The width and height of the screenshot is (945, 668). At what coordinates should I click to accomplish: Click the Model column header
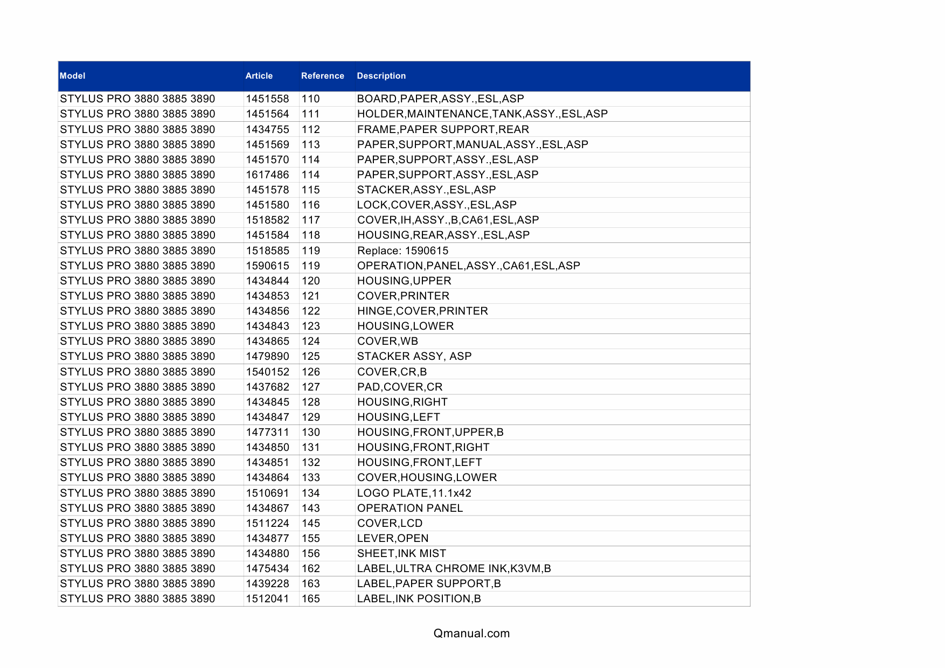73,76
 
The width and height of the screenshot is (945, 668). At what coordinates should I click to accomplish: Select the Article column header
259,76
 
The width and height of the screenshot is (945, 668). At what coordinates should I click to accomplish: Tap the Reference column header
322,76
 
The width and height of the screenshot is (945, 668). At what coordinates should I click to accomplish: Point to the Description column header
381,76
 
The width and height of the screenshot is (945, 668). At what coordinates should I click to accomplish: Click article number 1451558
267,99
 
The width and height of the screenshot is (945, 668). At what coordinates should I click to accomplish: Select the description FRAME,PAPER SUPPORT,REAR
443,129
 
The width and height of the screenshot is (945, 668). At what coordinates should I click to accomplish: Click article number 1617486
267,175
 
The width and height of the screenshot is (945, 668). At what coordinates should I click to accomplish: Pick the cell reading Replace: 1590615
402,250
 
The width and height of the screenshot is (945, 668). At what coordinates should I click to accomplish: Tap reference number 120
310,281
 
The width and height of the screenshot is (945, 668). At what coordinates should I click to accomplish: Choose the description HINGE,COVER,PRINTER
422,311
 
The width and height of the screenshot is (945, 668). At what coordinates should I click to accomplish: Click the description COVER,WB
387,341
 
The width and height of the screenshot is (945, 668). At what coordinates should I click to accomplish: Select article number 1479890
267,356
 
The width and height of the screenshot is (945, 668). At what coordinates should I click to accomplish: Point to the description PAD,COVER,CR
400,387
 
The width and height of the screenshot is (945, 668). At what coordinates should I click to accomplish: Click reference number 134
310,493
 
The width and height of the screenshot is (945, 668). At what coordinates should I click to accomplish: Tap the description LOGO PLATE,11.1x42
414,493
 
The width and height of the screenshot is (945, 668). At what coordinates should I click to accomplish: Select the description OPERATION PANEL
409,508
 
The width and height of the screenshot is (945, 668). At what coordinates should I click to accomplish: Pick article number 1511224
267,523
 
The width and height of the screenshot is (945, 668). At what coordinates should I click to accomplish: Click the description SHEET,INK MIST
401,553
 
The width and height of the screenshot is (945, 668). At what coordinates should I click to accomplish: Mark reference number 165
310,599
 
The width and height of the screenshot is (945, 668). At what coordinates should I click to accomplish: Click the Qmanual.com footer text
471,634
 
